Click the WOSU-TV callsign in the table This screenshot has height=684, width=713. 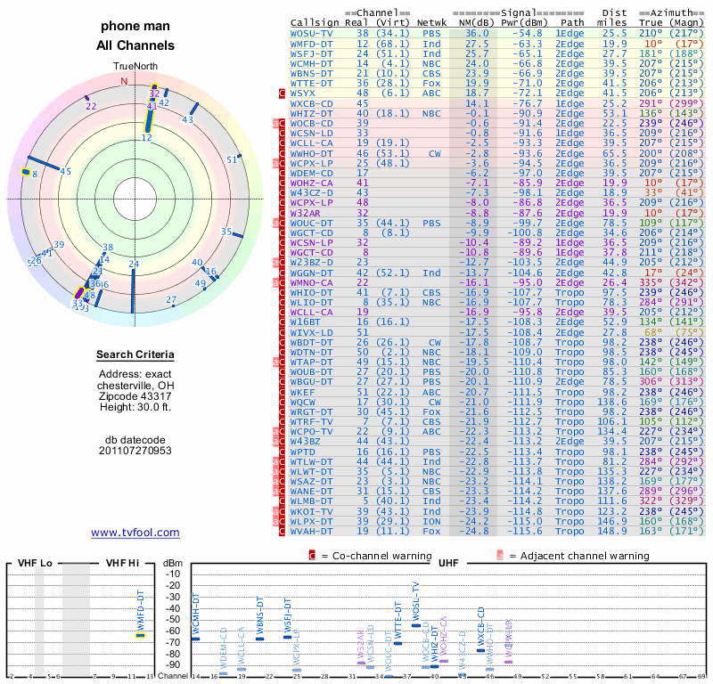pos(312,33)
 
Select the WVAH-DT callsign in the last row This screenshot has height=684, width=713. pos(312,531)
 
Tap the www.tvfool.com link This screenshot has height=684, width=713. pos(135,533)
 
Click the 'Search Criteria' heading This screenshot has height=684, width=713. pos(135,355)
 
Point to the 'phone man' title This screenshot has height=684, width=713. pos(135,27)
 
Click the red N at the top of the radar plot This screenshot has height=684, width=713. pos(125,80)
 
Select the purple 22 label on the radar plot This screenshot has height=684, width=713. pos(91,105)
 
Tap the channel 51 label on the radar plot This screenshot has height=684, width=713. pos(232,159)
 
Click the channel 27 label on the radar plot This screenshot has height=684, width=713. pos(171,300)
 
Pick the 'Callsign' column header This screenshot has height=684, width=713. pos(312,22)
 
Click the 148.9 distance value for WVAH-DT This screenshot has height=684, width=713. pos(612,531)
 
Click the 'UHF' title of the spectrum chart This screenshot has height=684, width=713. pos(448,563)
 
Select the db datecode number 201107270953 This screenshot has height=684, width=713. pos(135,450)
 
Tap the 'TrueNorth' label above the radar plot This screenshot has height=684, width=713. pos(135,66)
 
